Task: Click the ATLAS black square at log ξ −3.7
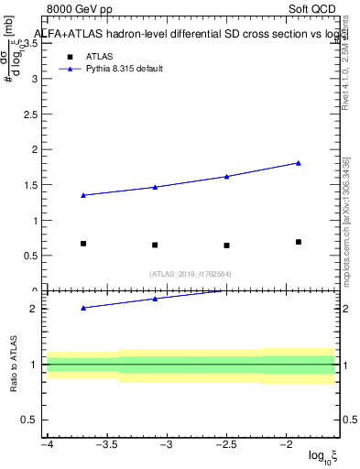(83, 244)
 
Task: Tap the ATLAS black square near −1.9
(299, 242)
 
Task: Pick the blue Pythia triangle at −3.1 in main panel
(155, 187)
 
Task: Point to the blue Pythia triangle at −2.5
(226, 176)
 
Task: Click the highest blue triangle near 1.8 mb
(299, 163)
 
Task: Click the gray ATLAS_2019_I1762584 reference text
(191, 273)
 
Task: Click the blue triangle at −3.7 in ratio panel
(83, 308)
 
